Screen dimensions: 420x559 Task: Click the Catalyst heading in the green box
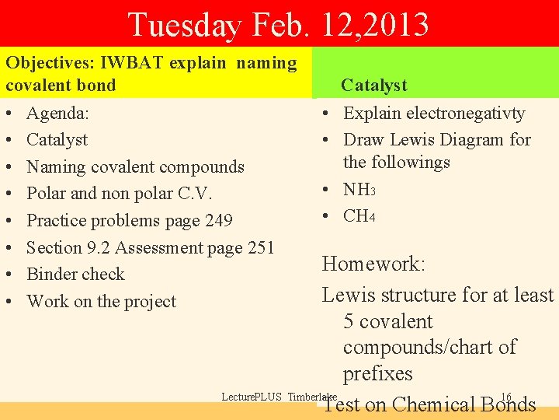tap(374, 85)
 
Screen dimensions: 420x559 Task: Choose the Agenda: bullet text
tap(57, 113)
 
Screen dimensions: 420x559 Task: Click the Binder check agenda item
tap(75, 274)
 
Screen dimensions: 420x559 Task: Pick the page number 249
tap(218, 220)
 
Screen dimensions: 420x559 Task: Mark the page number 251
tap(260, 247)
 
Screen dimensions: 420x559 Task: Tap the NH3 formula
tap(359, 189)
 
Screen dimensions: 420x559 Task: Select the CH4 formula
tap(359, 215)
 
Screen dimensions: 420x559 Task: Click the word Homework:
tap(373, 264)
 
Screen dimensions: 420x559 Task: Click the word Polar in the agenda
tap(48, 193)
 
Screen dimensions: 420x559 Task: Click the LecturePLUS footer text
tap(252, 397)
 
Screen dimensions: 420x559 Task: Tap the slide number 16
tap(506, 397)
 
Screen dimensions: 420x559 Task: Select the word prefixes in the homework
tap(378, 373)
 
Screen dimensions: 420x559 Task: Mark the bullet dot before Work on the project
tap(9, 302)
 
